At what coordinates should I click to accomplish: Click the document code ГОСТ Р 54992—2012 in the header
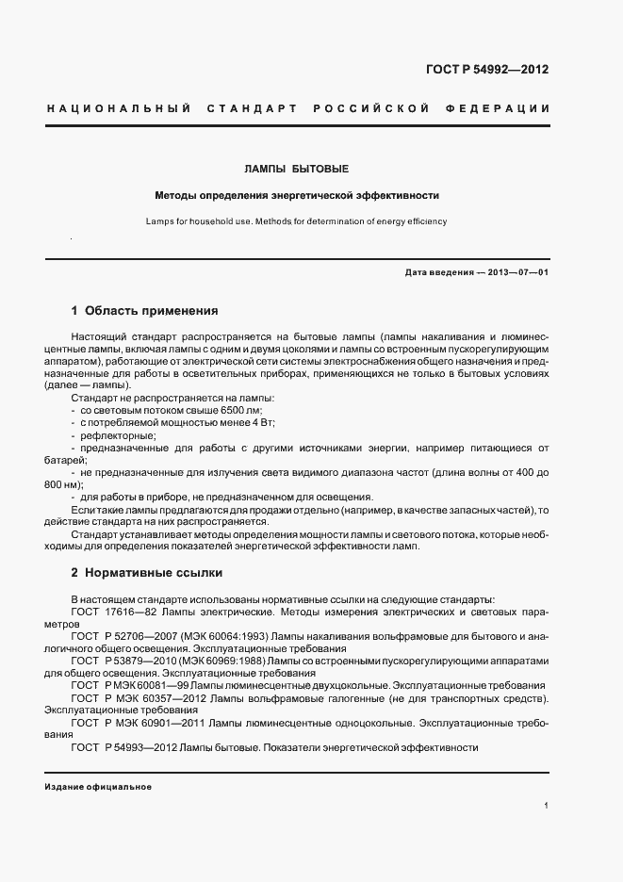tap(488, 70)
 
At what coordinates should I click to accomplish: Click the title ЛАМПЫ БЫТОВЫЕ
tap(297, 170)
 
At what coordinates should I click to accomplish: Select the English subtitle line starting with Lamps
tap(297, 221)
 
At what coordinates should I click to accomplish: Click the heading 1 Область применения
tap(144, 310)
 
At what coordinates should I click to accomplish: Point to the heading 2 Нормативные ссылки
tap(146, 572)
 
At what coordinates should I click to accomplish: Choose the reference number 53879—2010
tap(139, 661)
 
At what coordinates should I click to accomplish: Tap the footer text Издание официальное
tap(98, 787)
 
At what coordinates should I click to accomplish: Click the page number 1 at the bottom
tap(547, 806)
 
